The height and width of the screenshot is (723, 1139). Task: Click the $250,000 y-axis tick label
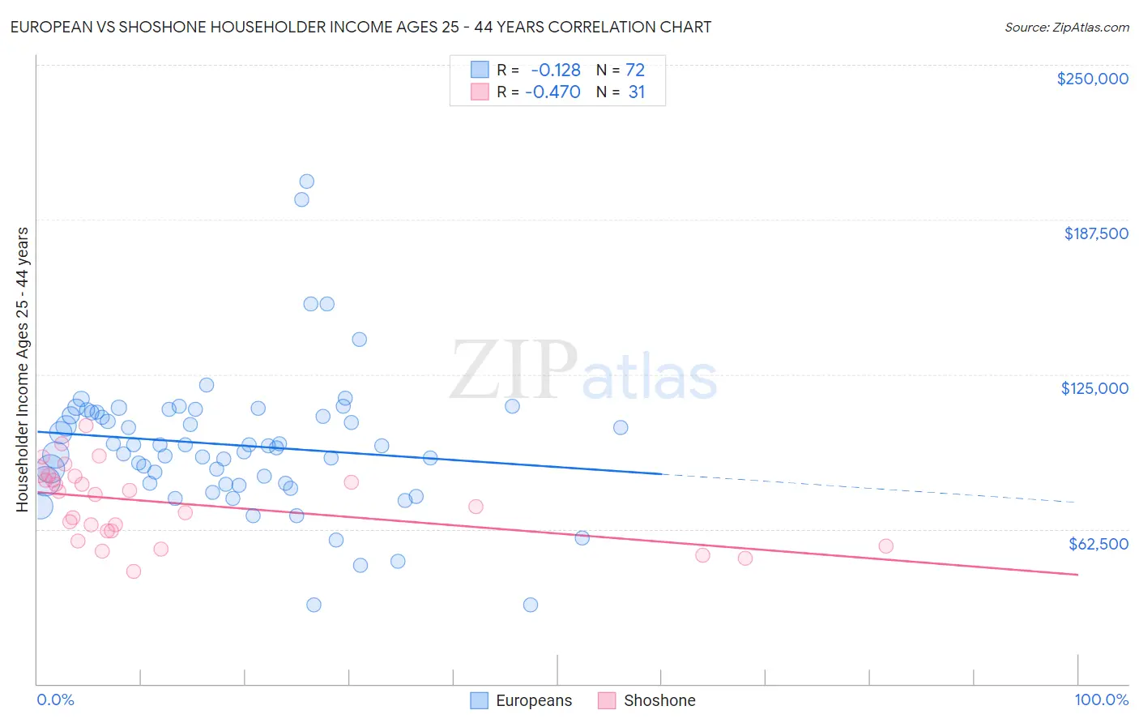pos(1092,79)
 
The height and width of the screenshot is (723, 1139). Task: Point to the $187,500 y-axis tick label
pos(1095,233)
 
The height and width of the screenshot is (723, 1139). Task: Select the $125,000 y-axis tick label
pos(1094,388)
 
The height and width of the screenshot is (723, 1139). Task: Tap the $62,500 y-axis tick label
pos(1098,544)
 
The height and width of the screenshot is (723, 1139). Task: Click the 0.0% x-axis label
pos(55,700)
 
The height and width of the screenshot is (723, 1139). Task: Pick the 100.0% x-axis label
pos(1101,700)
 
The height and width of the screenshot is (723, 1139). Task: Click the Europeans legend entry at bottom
pos(522,700)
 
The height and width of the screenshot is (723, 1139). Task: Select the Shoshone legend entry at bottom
pos(647,700)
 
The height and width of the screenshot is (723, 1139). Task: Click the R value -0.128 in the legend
pos(556,71)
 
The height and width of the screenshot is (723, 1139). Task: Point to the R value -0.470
pos(552,92)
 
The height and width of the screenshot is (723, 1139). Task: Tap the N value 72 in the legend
pos(635,71)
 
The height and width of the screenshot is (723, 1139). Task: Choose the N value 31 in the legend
pos(637,92)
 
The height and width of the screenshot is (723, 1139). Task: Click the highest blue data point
pos(306,182)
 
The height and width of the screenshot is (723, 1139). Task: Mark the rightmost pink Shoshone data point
pos(885,546)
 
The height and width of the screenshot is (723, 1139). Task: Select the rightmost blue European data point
pos(621,427)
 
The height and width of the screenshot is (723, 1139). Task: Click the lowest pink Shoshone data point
pos(134,571)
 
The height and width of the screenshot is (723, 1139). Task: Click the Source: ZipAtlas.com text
pos(1066,27)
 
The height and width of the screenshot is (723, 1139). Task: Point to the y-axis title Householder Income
pos(22,369)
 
